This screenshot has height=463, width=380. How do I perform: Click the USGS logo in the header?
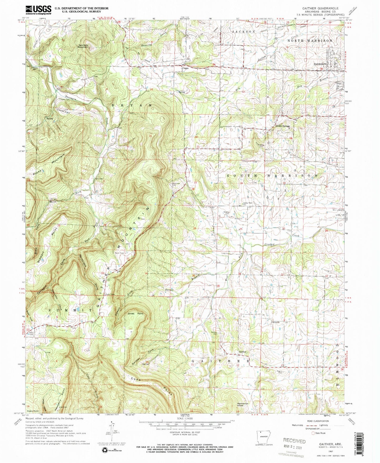(x=38, y=10)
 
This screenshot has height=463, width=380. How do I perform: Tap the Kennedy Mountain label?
(x=83, y=46)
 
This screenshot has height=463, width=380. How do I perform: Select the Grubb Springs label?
(x=282, y=126)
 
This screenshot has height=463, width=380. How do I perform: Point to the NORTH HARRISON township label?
(x=310, y=41)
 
